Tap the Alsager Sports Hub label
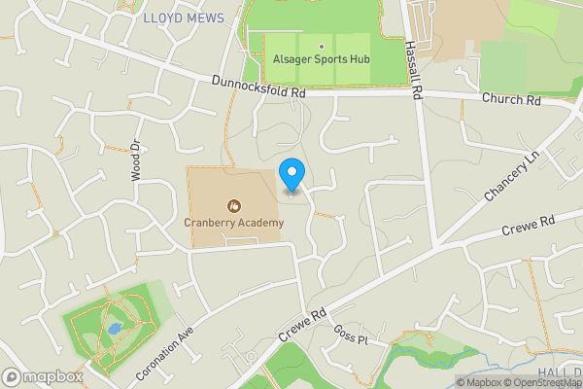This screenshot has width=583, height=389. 321,59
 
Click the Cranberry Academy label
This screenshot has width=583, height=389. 234,223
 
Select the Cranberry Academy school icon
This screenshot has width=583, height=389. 233,206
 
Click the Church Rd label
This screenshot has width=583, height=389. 519,100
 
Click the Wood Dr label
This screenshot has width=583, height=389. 135,159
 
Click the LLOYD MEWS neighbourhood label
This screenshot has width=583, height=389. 184,18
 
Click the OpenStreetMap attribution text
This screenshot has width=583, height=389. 542,381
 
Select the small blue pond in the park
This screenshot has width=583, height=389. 114,329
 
